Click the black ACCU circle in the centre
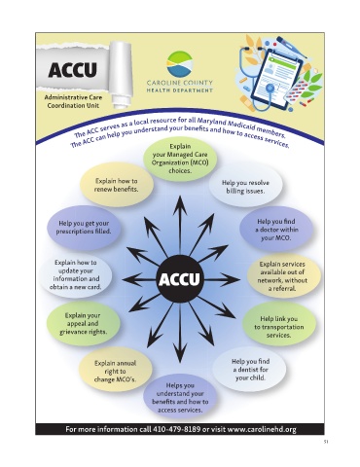(x=179, y=279)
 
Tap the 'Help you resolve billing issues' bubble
(x=245, y=187)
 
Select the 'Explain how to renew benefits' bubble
(x=117, y=185)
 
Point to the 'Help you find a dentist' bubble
(x=250, y=370)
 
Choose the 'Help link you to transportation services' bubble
(x=279, y=327)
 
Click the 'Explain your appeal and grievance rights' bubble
(x=83, y=323)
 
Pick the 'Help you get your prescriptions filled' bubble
(x=84, y=228)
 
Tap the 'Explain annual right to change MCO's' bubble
(x=115, y=371)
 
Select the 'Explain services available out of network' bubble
(x=284, y=276)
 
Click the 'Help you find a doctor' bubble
(x=276, y=230)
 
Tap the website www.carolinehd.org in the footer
(x=262, y=429)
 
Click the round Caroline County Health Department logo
(x=180, y=63)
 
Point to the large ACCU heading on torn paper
(x=73, y=69)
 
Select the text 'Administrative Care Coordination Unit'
(x=73, y=101)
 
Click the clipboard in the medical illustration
(x=276, y=77)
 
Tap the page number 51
(x=326, y=442)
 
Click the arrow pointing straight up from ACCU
(x=179, y=226)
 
